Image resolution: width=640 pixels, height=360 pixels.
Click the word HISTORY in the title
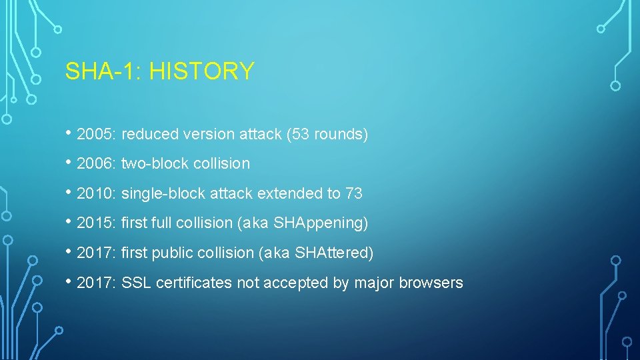click(201, 71)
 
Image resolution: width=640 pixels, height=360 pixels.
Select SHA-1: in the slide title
click(104, 71)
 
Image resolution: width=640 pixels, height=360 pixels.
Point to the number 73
click(354, 194)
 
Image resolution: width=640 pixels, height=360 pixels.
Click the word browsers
click(431, 283)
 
